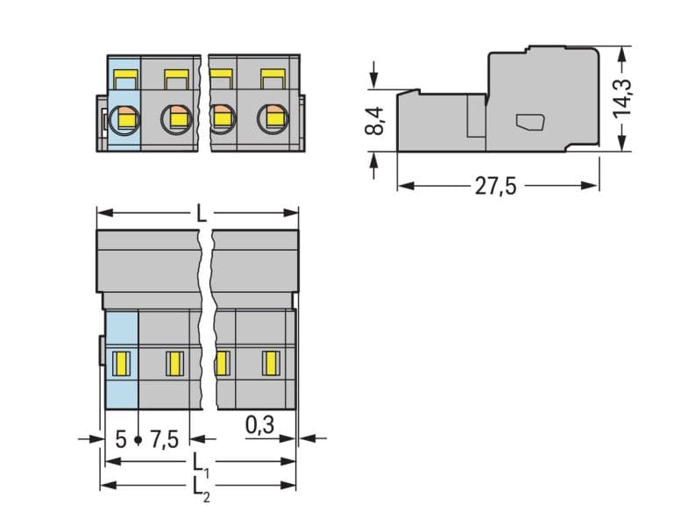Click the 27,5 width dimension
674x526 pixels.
495,187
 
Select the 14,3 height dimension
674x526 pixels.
622,98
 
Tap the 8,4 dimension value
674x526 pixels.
374,121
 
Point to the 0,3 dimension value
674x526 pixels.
259,425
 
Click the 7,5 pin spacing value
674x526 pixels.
165,439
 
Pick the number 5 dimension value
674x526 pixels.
121,439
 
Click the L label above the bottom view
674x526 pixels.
202,213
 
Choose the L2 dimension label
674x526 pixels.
202,488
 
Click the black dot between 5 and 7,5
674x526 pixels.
138,439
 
